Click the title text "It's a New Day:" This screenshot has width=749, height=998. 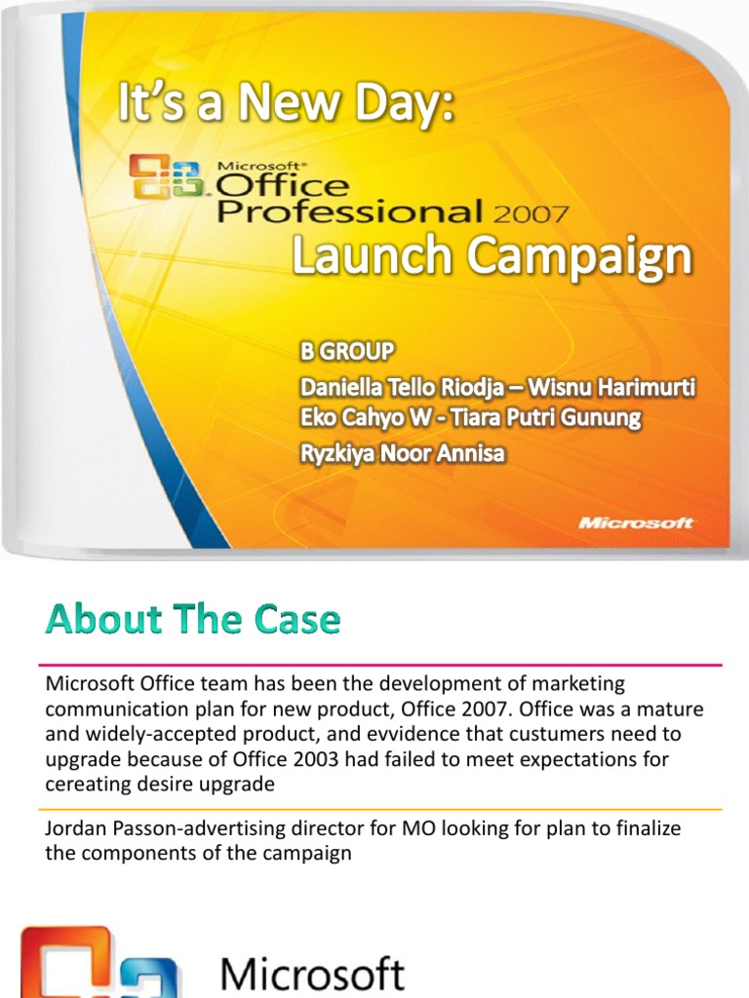pos(286,104)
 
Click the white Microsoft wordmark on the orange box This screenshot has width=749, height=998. pos(637,522)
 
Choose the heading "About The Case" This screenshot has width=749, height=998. pos(193,620)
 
